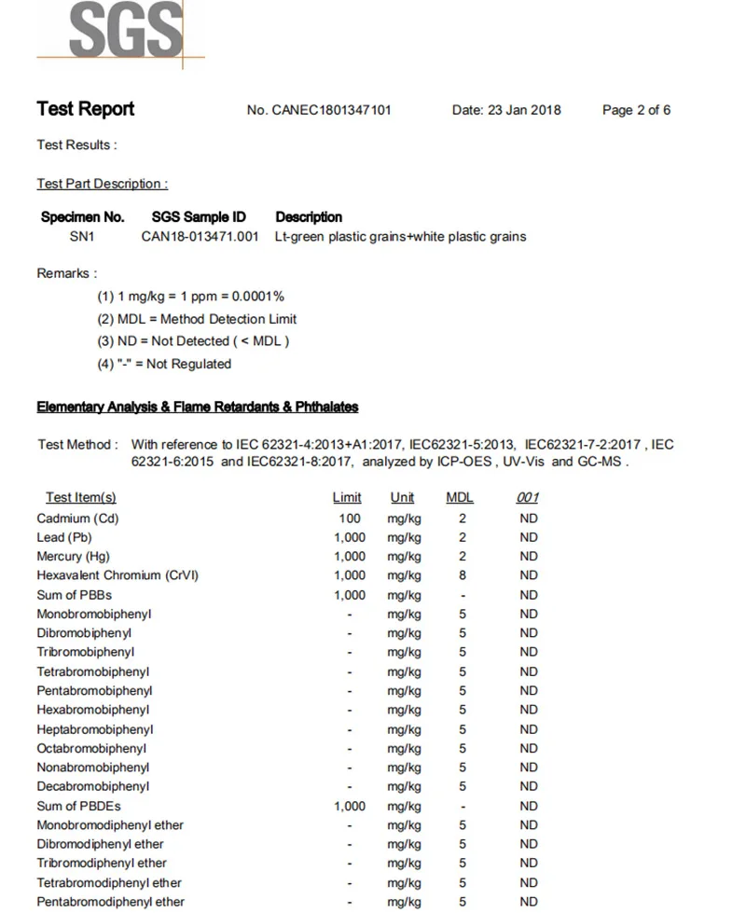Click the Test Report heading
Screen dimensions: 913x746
pos(86,109)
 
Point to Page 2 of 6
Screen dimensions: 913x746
pos(636,110)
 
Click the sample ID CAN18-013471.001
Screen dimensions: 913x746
pos(200,237)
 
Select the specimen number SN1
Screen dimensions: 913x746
pos(82,237)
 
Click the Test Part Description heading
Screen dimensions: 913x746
pos(103,184)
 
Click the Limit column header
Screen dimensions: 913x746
pos(347,498)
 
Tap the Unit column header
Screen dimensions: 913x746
pos(403,498)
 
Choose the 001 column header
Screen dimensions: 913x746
pos(528,498)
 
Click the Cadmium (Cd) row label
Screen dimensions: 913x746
pos(77,519)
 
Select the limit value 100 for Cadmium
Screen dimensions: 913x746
pos(350,519)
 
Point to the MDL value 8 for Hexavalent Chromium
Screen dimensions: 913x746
pos(463,575)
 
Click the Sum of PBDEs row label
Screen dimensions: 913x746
pos(78,806)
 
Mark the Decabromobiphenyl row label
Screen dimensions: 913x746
pos(92,787)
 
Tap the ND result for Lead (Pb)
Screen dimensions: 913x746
pos(529,537)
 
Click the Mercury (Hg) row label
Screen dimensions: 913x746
pos(73,557)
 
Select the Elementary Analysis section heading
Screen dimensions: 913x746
pos(198,408)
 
